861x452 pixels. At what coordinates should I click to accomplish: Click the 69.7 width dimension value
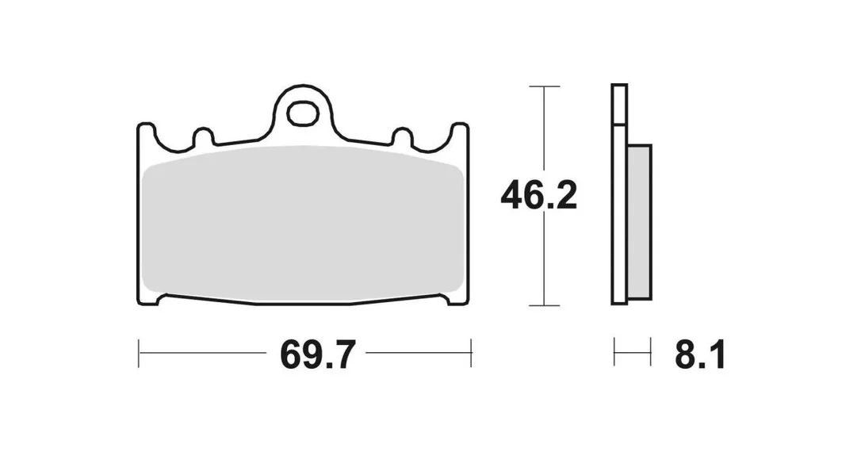coord(318,354)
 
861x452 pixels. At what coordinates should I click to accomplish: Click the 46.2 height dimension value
coord(538,196)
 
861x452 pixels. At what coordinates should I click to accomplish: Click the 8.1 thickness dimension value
coord(700,354)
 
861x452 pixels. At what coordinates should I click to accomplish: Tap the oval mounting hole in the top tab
coord(303,113)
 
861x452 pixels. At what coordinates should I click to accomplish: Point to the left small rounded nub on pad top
coord(203,136)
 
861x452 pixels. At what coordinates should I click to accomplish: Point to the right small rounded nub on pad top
coord(403,136)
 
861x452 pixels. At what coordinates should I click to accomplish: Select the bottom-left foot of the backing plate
coord(150,299)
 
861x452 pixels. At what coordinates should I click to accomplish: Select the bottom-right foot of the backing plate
coord(457,299)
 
